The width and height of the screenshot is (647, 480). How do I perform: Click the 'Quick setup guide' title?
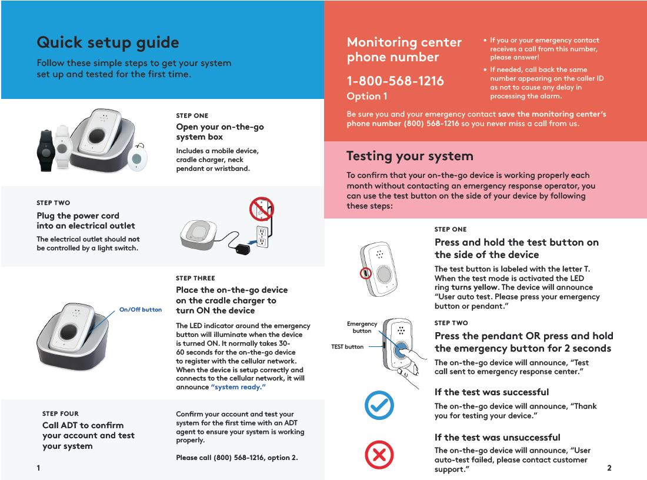[x=108, y=42]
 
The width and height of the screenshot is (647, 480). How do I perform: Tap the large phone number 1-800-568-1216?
[x=395, y=81]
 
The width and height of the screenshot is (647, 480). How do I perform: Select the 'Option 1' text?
[x=366, y=96]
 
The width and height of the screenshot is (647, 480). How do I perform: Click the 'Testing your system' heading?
[x=409, y=156]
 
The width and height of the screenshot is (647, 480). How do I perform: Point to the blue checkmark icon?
[x=379, y=405]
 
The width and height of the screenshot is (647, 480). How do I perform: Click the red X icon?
[x=379, y=455]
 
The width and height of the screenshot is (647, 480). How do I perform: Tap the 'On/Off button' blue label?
[x=140, y=309]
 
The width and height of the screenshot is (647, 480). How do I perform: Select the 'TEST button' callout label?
[x=347, y=347]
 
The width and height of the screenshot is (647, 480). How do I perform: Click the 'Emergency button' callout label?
[x=362, y=327]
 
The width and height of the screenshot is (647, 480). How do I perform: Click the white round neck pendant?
[x=138, y=158]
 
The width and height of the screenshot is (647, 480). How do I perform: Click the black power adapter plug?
[x=242, y=249]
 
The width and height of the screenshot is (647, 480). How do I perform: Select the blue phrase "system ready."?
[x=238, y=387]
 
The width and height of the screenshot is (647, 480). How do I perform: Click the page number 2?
[x=609, y=468]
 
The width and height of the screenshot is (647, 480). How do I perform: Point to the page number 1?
[x=38, y=468]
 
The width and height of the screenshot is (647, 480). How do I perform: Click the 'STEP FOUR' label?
[x=60, y=414]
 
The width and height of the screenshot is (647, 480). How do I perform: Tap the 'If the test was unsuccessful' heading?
[x=497, y=438]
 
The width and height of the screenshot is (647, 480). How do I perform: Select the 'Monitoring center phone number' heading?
[x=403, y=49]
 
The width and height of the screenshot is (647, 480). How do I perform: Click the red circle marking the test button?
[x=365, y=273]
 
